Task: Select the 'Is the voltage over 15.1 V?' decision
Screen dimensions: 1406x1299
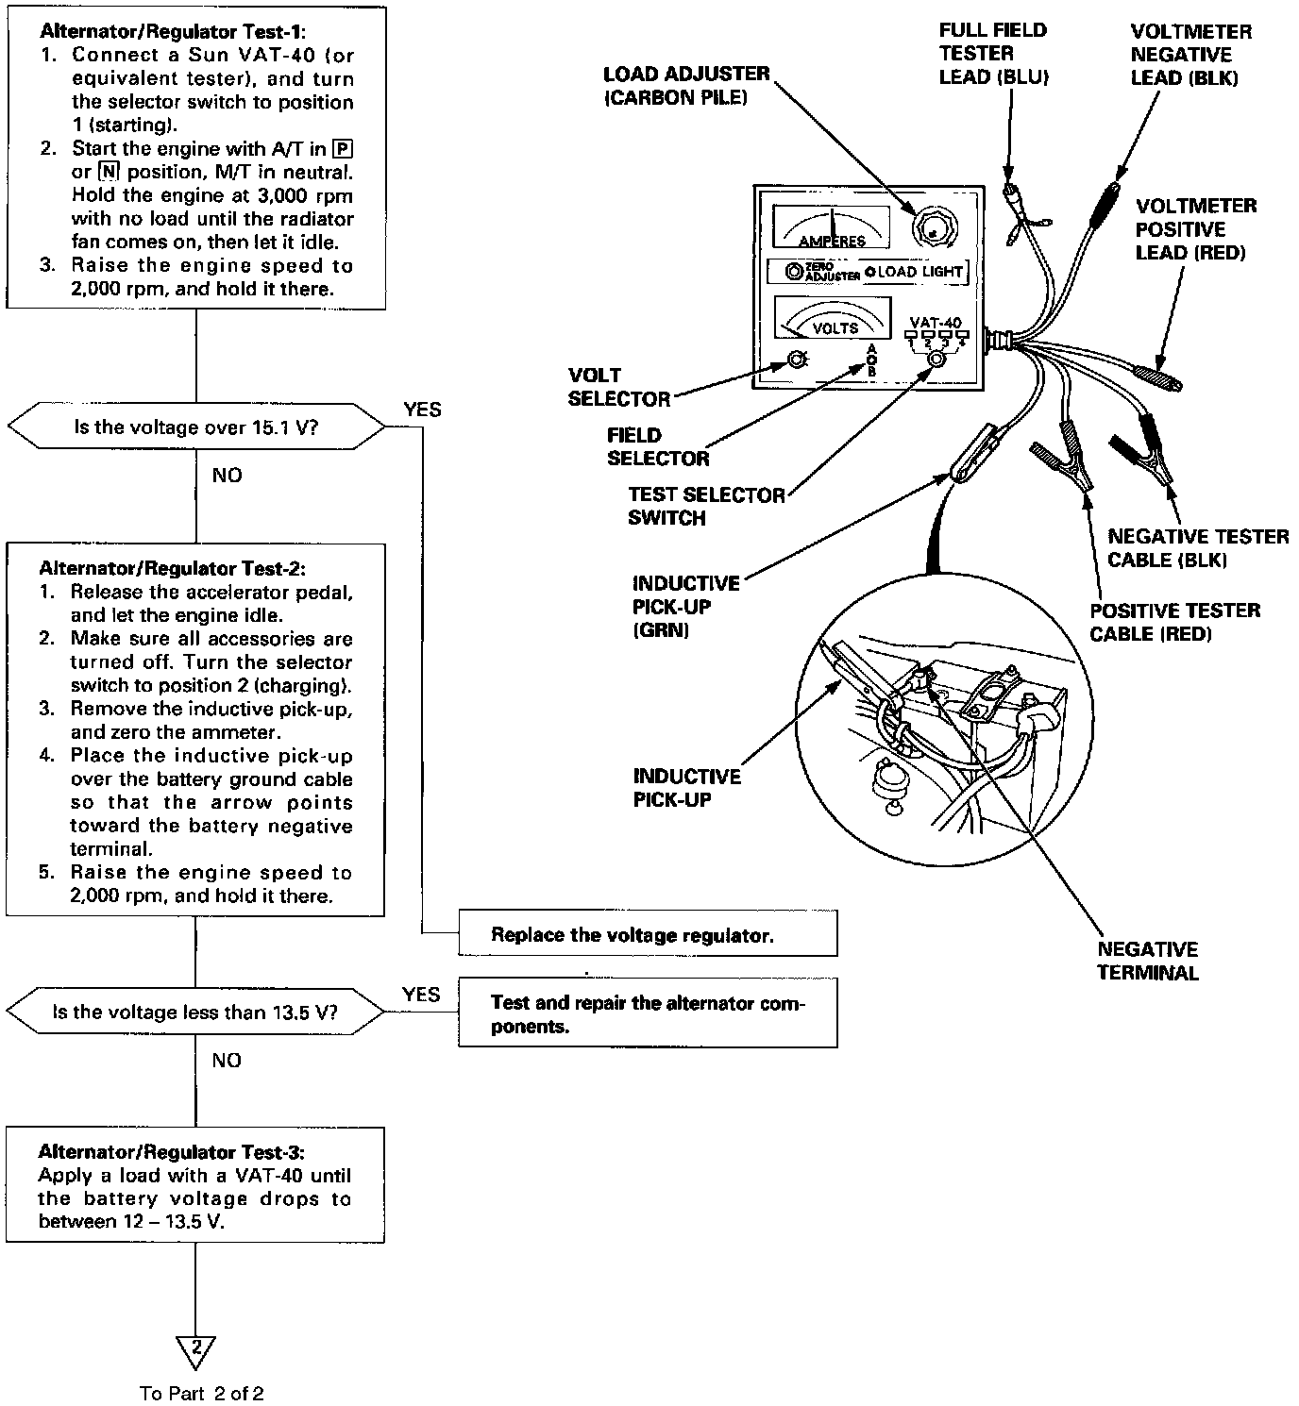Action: pos(196,427)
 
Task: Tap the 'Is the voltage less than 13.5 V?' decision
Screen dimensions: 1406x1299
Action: pos(196,1013)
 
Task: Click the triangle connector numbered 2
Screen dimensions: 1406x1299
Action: pos(196,1350)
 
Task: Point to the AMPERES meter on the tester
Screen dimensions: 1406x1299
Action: pos(831,227)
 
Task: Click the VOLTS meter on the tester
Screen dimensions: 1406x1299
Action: pos(832,317)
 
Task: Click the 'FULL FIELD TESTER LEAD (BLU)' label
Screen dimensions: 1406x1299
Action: pos(993,54)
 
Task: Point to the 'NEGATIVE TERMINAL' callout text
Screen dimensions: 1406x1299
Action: pos(1147,961)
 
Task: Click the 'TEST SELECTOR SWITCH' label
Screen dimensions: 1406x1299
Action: pos(707,506)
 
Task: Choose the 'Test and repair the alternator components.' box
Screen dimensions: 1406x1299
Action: pos(648,1014)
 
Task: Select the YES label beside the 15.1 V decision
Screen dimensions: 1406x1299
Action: pos(422,410)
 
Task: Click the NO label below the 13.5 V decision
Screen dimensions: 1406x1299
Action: pos(227,1060)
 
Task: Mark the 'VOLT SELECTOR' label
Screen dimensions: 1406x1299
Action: pos(618,387)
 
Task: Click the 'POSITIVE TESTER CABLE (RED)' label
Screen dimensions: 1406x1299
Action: pos(1174,622)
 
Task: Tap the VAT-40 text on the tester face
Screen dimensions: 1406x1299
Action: pos(935,322)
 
